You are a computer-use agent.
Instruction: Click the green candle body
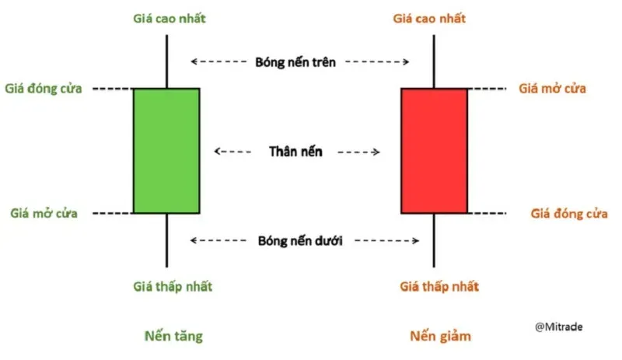tap(166, 151)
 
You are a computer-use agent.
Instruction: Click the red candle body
tap(434, 151)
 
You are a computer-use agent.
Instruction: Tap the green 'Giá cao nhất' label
tap(166, 17)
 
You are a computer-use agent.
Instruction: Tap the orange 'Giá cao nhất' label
tap(434, 17)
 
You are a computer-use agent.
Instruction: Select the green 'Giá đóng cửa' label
tap(44, 88)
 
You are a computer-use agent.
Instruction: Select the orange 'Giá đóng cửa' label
tap(569, 213)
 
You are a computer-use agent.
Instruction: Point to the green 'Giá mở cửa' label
tap(44, 213)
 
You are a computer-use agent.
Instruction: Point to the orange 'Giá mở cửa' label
tap(552, 88)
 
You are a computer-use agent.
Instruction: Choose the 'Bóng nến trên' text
tap(295, 61)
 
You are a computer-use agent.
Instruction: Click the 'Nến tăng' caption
tap(173, 336)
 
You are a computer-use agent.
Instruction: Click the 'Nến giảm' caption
tap(440, 336)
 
